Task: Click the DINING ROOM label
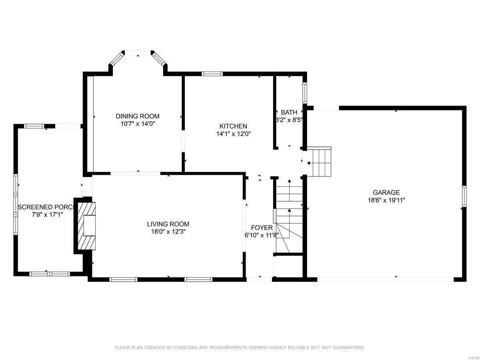(x=137, y=116)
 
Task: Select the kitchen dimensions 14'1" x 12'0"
(x=233, y=134)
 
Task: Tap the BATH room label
(x=289, y=112)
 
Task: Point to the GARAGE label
(x=386, y=193)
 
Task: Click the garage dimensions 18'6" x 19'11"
(x=386, y=200)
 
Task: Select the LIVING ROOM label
(x=168, y=224)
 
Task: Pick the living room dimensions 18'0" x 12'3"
(x=168, y=232)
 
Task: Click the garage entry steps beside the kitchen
(x=319, y=162)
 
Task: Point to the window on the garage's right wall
(x=464, y=196)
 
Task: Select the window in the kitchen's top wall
(x=212, y=74)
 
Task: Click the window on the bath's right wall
(x=304, y=93)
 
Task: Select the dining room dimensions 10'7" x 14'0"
(x=137, y=124)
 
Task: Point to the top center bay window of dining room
(x=138, y=52)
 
